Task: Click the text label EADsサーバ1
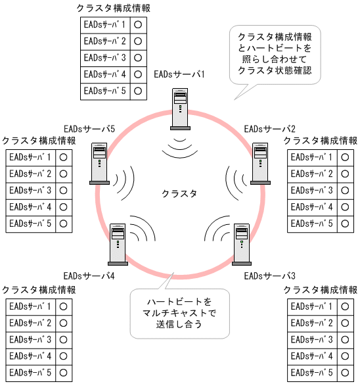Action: (x=179, y=74)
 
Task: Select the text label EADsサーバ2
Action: (x=269, y=128)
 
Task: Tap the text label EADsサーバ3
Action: (x=269, y=276)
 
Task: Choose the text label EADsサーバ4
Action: (x=89, y=276)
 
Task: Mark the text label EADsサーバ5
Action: (x=89, y=128)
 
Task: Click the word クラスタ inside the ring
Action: (x=179, y=193)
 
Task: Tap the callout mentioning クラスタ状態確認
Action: (x=275, y=54)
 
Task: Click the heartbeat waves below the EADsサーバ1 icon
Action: (x=179, y=147)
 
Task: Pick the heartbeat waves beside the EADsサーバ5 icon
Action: (x=125, y=179)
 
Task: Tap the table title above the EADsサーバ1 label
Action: (x=113, y=7)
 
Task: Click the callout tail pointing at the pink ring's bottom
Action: (x=169, y=279)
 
